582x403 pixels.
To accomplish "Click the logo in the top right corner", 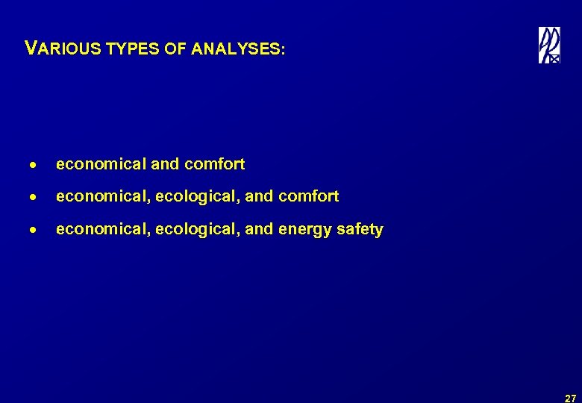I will [x=549, y=46].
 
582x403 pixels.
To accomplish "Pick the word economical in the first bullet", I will [x=101, y=163].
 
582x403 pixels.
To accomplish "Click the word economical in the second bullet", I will [x=103, y=196].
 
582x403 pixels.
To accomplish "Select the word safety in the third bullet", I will [x=360, y=229].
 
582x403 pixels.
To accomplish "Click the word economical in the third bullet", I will [x=103, y=229].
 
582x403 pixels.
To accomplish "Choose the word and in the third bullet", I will [x=259, y=229].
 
